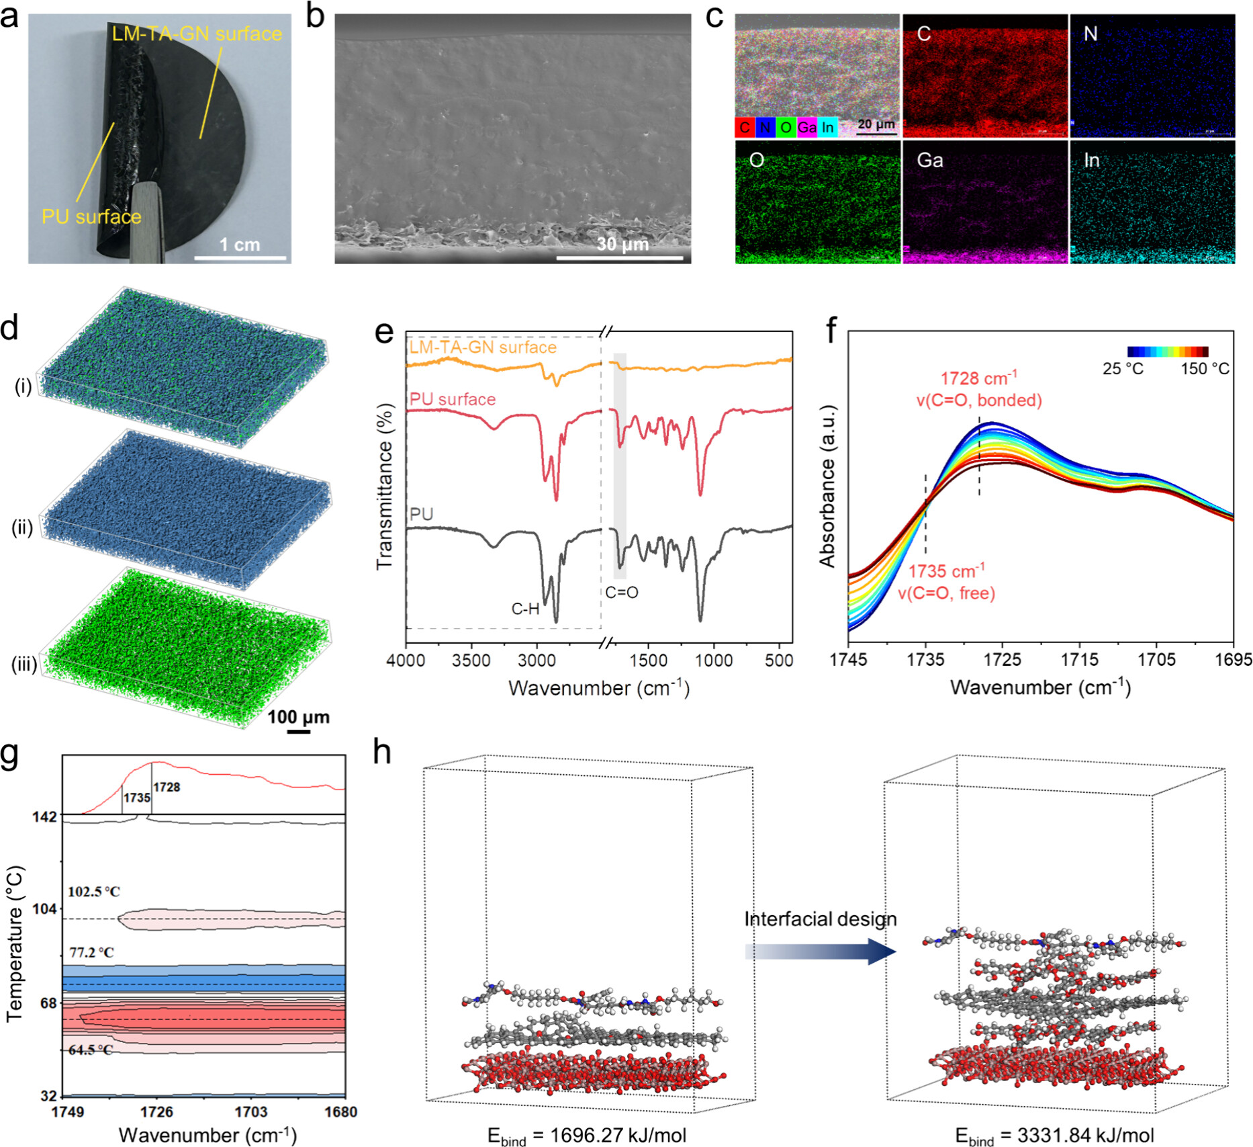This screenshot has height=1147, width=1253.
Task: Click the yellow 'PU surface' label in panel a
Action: tap(91, 216)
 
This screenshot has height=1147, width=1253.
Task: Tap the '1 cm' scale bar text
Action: tap(240, 245)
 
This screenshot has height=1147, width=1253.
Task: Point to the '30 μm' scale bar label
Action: tap(622, 244)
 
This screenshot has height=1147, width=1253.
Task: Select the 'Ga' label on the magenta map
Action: tap(930, 161)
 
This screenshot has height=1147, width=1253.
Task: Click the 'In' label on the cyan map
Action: tap(1091, 161)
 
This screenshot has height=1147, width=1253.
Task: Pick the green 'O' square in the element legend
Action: tap(785, 127)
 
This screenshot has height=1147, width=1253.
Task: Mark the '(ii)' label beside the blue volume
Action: tap(22, 528)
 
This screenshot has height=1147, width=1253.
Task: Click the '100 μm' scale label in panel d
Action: tap(298, 717)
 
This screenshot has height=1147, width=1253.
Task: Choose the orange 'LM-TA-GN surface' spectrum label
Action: tap(483, 347)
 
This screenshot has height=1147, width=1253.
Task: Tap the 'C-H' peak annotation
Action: tap(525, 609)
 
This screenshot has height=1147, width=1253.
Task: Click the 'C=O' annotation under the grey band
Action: tap(622, 593)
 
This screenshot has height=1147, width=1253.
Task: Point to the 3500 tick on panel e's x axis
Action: tap(471, 661)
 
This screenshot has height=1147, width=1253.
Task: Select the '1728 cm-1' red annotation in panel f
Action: tap(978, 378)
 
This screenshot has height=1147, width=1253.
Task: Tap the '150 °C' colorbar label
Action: tap(1205, 369)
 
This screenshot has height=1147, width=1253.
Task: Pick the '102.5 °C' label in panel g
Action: tap(94, 892)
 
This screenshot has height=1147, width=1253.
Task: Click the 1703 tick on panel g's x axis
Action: tap(250, 1112)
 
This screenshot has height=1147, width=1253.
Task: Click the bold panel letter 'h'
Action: tap(381, 753)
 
